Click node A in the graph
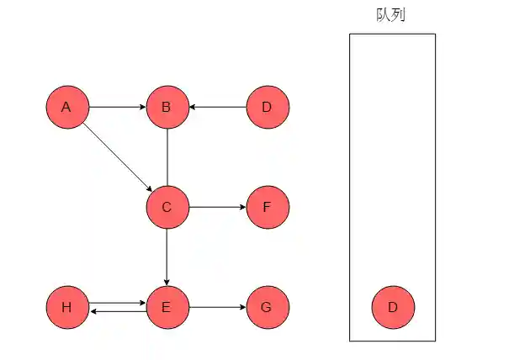point(66,108)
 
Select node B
point(167,108)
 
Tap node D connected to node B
point(268,108)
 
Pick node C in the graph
point(167,207)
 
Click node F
point(268,207)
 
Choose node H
point(66,307)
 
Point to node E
point(167,307)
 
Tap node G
point(268,307)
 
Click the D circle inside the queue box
point(392,307)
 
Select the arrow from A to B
point(117,108)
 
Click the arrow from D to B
point(217,108)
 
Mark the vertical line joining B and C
point(167,157)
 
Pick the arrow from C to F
point(217,207)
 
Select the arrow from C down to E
point(167,257)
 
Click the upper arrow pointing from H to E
point(117,302)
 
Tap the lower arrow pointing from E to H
point(117,312)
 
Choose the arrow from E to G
point(217,307)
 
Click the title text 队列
point(391,14)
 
